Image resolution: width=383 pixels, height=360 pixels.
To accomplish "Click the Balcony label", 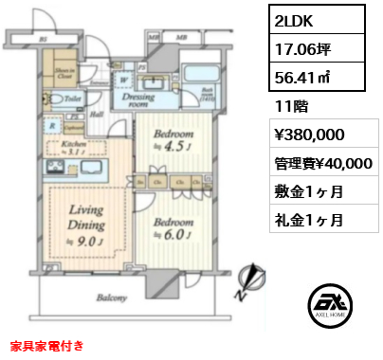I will tap(112, 300).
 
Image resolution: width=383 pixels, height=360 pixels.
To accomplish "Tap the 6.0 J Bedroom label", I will tap(175, 229).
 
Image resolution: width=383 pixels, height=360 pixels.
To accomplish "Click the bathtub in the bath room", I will tap(200, 77).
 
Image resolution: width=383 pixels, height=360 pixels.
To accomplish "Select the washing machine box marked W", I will tap(124, 81).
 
